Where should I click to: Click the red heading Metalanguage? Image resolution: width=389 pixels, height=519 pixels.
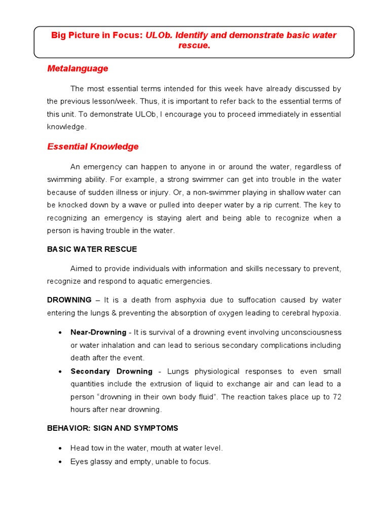(77, 68)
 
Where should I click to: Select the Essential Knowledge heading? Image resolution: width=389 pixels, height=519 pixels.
(93, 146)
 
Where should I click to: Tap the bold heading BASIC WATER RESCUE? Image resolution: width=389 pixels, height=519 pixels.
(92, 249)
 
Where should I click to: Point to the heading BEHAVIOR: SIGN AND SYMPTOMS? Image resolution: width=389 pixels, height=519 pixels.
(112, 428)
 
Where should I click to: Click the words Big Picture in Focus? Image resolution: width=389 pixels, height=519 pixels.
(97, 35)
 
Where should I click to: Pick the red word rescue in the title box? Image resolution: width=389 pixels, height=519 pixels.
(193, 46)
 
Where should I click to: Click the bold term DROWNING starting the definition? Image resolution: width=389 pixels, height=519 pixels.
(69, 300)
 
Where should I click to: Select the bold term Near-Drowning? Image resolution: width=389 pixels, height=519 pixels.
(98, 332)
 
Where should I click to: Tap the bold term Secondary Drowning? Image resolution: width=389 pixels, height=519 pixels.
(111, 372)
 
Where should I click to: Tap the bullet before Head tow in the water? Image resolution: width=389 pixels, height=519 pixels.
(60, 449)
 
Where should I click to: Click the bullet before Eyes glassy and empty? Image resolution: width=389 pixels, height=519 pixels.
(60, 462)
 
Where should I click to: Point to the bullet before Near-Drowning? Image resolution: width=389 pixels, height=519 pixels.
(60, 332)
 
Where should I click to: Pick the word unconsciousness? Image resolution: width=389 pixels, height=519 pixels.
(307, 332)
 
